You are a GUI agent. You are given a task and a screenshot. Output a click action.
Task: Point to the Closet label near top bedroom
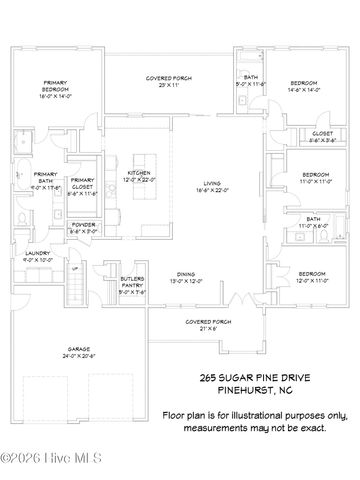tap(322, 136)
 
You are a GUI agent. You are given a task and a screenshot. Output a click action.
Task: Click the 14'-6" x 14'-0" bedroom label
tap(303, 86)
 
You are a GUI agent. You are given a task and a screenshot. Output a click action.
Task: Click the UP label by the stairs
tap(74, 268)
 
